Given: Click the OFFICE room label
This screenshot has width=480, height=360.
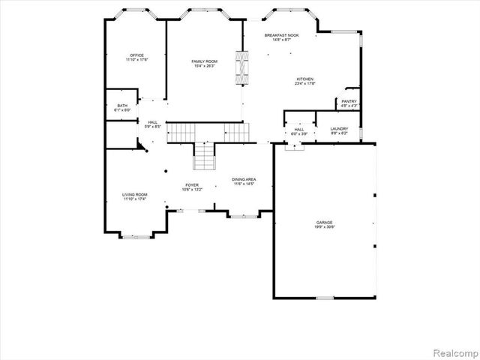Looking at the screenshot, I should click(x=136, y=55).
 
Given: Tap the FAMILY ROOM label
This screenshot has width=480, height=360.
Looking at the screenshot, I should click(x=203, y=61).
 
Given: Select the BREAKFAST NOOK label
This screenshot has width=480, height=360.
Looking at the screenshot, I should click(x=281, y=35).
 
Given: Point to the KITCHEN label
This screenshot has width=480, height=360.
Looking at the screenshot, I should click(x=304, y=79).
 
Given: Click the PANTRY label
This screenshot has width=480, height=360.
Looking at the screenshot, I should click(x=349, y=101).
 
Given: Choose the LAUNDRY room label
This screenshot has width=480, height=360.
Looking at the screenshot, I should click(x=340, y=129).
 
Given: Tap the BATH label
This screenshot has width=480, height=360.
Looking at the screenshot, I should click(x=122, y=106).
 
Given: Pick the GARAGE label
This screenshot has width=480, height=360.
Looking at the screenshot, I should click(x=324, y=222).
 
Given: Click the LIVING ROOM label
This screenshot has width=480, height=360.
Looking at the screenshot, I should click(x=135, y=195).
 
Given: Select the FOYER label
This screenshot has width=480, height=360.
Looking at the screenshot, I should click(x=192, y=184).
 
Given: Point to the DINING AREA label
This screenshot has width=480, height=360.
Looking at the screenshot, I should click(x=244, y=179).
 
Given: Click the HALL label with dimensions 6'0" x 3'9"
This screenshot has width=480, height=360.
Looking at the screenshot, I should click(x=299, y=130).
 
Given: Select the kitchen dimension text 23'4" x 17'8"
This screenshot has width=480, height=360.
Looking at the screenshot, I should click(x=304, y=83).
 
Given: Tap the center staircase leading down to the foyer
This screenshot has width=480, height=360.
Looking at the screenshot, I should click(x=204, y=157).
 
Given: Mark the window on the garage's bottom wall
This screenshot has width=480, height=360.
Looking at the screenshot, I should click(x=324, y=298).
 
